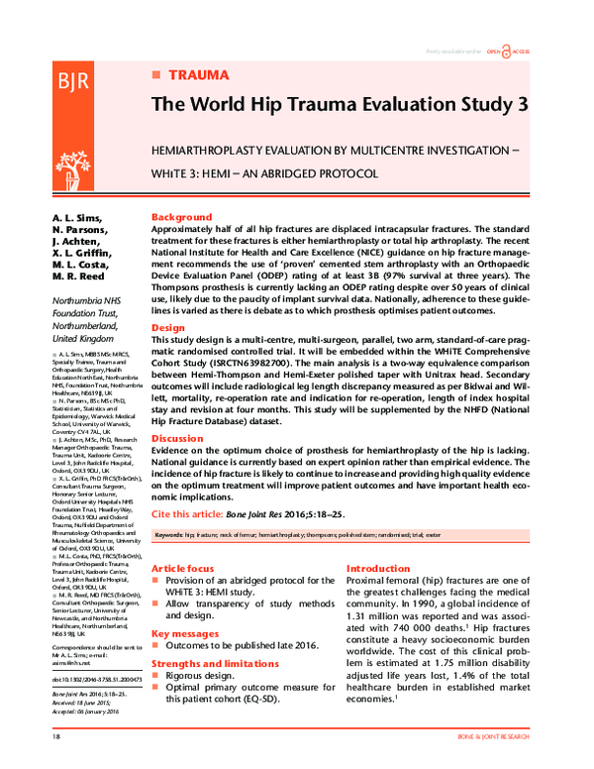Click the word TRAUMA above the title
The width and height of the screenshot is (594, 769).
coord(199,75)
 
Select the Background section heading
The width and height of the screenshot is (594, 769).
coord(181,217)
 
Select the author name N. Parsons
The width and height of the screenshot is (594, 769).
coord(76,231)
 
